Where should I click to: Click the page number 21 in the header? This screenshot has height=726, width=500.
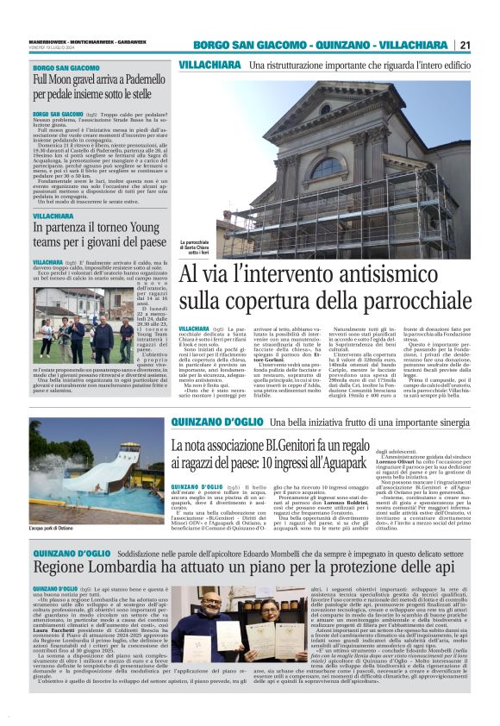[x=465, y=45]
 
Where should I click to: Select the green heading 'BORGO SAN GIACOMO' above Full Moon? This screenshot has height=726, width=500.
[x=66, y=66]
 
